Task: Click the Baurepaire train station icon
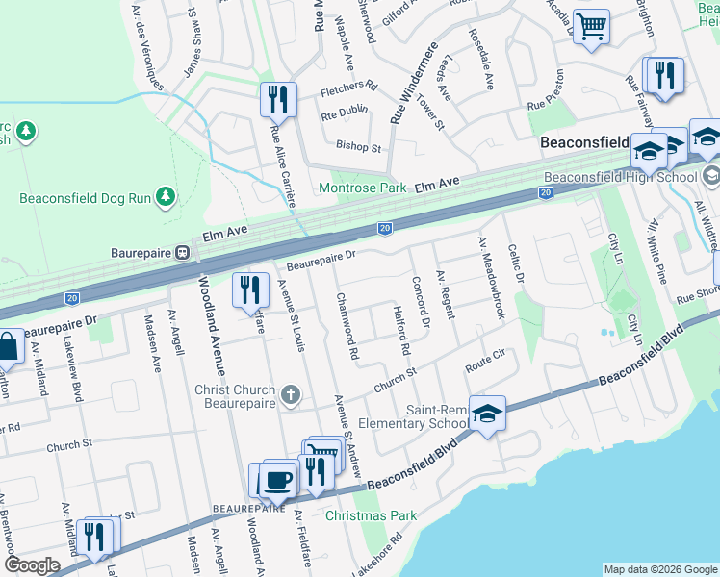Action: point(181,253)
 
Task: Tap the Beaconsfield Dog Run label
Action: point(87,199)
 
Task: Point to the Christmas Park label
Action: point(371,515)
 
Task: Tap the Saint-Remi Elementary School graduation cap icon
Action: point(487,413)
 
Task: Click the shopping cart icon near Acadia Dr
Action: point(591,25)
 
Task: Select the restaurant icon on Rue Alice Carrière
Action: point(276,98)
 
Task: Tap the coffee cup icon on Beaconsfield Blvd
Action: point(279,478)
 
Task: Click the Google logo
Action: point(32,565)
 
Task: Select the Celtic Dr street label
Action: point(516,263)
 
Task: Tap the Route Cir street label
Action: point(485,366)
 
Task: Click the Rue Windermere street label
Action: point(410,83)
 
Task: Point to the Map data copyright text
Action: point(660,569)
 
